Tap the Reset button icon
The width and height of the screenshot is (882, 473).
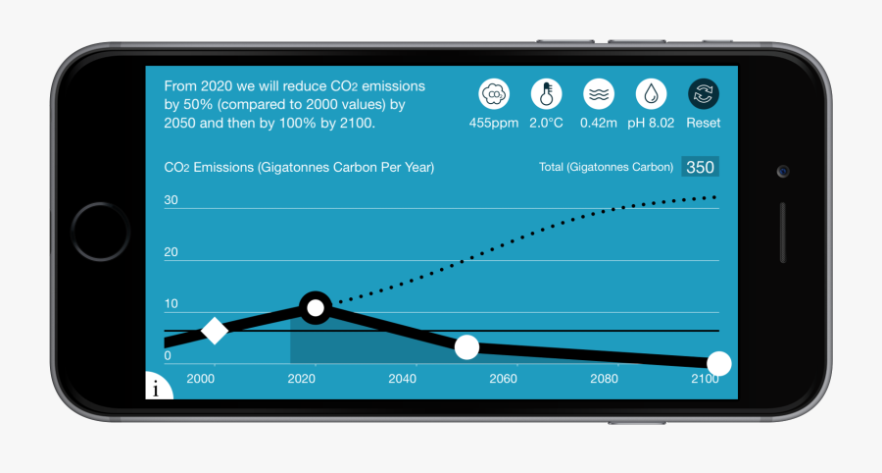pos(703,94)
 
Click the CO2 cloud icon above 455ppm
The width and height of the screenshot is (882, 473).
pos(494,94)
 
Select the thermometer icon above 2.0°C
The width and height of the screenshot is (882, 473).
pos(546,94)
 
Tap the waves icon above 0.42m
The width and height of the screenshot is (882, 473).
pos(599,94)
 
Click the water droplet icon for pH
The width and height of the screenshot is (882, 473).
pos(651,94)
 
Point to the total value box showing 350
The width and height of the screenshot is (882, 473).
pos(700,167)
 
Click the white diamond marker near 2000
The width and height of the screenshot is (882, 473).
pos(215,331)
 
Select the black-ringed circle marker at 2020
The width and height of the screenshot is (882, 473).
pos(315,308)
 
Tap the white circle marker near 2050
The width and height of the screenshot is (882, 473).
pos(466,346)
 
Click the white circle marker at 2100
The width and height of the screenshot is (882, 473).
pos(719,364)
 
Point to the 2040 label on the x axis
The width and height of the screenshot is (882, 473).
pos(402,379)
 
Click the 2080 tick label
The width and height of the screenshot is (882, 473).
pos(605,379)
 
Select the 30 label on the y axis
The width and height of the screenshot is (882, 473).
pos(171,200)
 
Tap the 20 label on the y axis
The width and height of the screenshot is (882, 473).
pos(171,252)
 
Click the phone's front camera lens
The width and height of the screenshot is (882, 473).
pos(783,171)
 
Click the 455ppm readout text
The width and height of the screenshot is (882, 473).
pos(493,124)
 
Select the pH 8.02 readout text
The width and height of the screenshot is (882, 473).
pos(651,124)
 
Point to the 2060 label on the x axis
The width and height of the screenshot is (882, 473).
pos(503,379)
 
